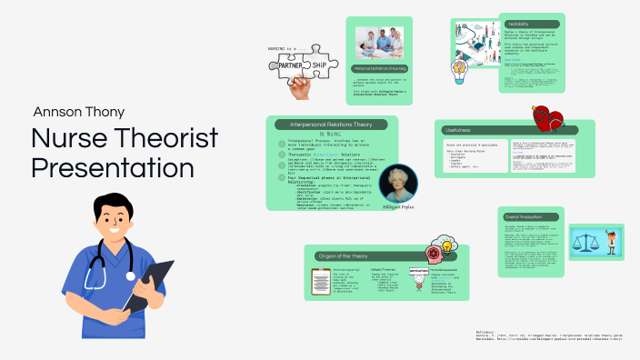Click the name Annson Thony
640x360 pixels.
click(79, 112)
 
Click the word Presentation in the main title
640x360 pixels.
click(112, 168)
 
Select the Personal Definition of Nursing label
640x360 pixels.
click(380, 69)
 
